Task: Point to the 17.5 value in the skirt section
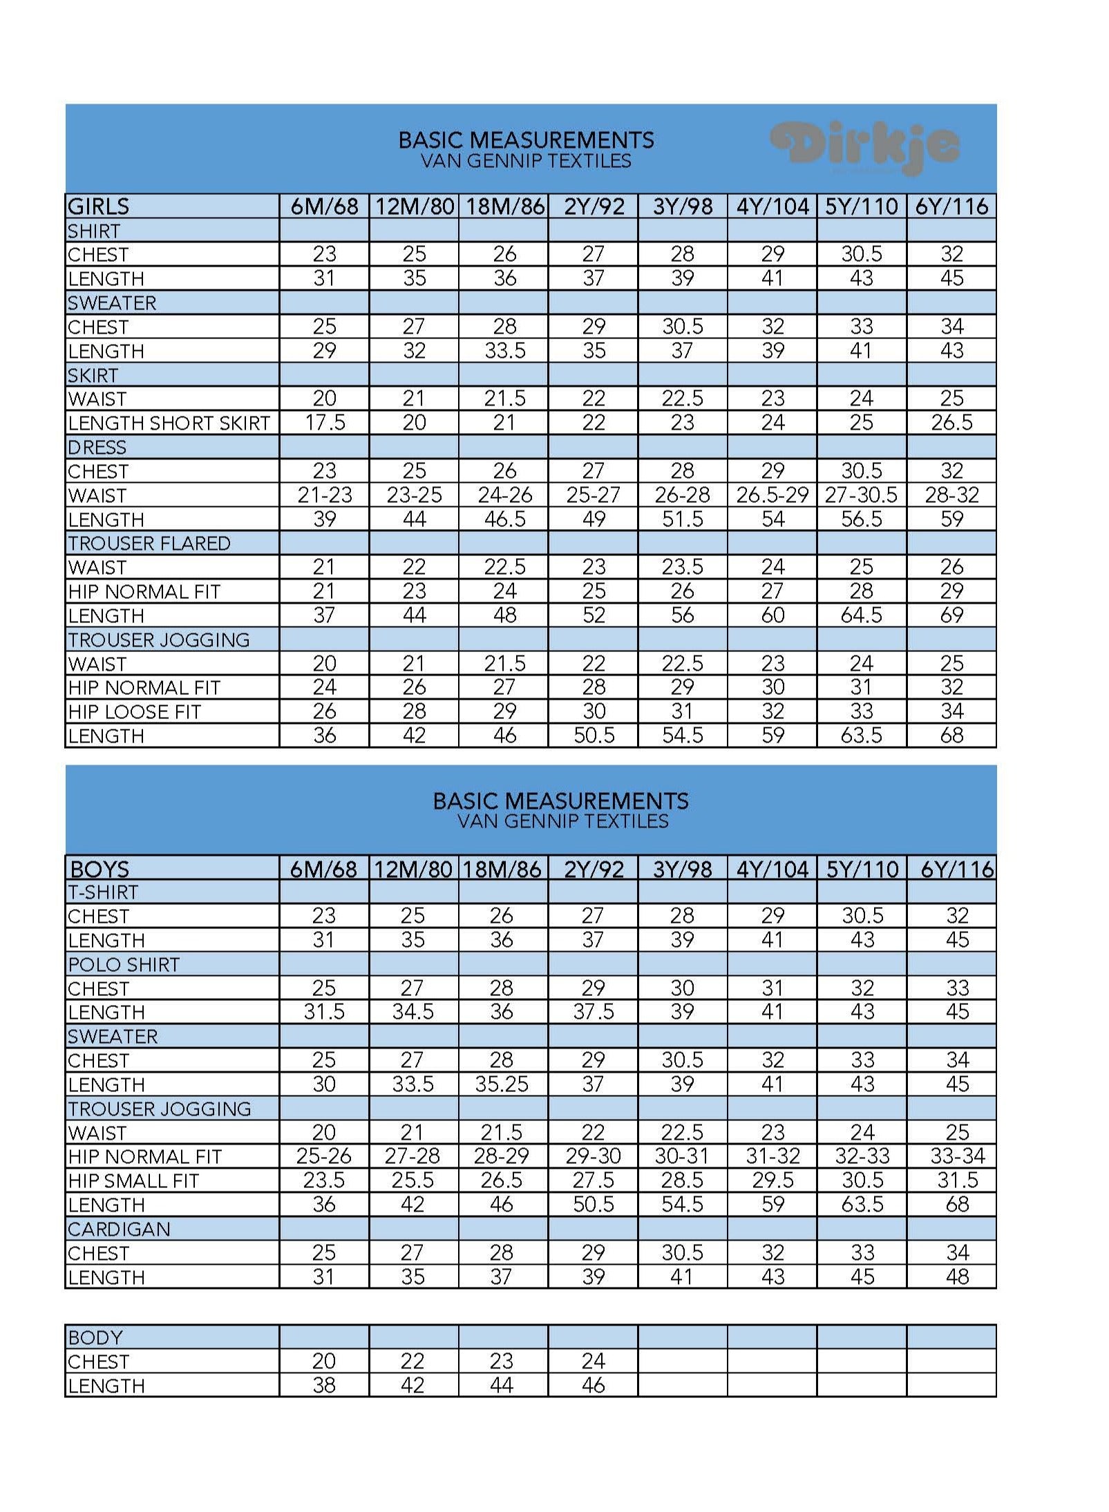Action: pyautogui.click(x=325, y=423)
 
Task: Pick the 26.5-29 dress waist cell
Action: pyautogui.click(x=772, y=495)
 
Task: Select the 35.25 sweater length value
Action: pyautogui.click(x=502, y=1084)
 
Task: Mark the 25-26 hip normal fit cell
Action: pyautogui.click(x=324, y=1156)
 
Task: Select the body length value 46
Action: pyautogui.click(x=593, y=1385)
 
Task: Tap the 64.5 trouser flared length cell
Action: pyautogui.click(x=862, y=615)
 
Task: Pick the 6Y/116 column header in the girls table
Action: pyautogui.click(x=951, y=206)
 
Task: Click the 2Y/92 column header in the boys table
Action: pyautogui.click(x=594, y=868)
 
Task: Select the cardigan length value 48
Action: pyautogui.click(x=957, y=1276)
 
